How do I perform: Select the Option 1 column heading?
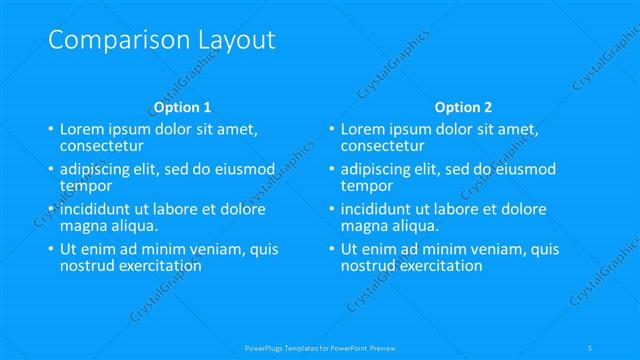click(x=182, y=107)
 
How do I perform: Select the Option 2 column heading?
click(x=463, y=107)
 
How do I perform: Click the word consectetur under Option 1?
click(x=101, y=145)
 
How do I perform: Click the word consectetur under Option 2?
click(x=382, y=145)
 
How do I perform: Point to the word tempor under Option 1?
click(x=86, y=186)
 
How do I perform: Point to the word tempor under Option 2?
click(x=367, y=186)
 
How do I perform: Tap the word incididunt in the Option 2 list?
click(x=381, y=210)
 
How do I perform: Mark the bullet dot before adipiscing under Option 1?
click(x=50, y=170)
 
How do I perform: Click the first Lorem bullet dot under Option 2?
click(x=331, y=130)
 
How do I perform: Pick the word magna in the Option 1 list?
click(x=84, y=226)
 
